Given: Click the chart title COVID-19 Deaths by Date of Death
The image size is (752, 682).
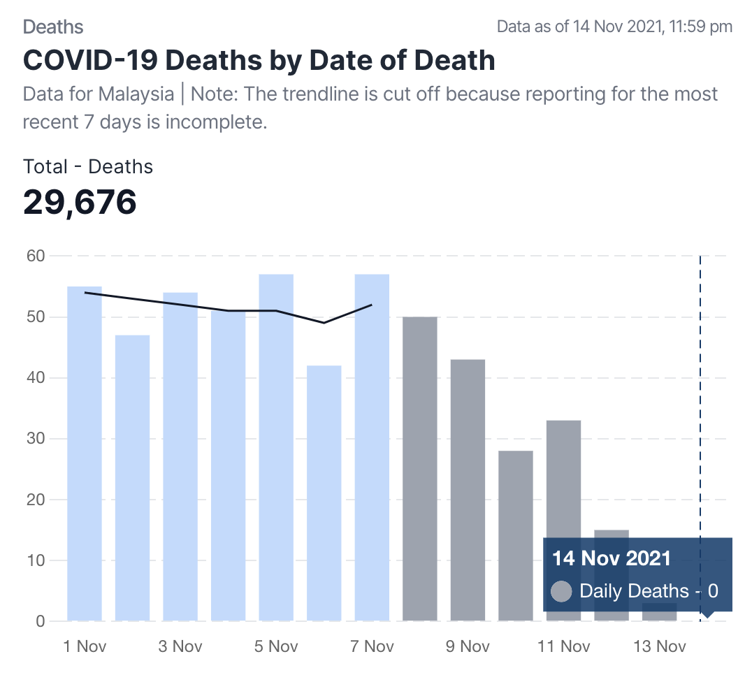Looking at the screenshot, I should [x=259, y=61].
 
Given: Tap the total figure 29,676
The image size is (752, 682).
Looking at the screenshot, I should [x=80, y=202].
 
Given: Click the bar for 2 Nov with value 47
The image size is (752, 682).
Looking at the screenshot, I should [x=133, y=478].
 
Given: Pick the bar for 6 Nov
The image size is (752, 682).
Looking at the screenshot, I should [x=324, y=493].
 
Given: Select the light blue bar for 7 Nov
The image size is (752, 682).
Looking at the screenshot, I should [x=372, y=447].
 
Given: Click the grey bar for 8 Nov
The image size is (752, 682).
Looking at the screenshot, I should [x=420, y=468].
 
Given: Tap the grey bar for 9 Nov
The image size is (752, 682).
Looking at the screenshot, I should [x=468, y=489].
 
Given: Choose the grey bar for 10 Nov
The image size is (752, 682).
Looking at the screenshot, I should [x=516, y=535].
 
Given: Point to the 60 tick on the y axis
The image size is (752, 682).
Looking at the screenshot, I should [x=36, y=256].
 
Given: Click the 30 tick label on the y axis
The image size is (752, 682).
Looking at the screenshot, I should [x=36, y=439].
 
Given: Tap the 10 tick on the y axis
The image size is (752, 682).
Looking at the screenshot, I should [x=36, y=560].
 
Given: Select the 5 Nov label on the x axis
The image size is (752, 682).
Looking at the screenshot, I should [x=276, y=646].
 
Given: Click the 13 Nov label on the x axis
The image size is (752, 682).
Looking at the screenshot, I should [x=659, y=646].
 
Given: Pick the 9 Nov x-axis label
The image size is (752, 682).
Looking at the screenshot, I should [x=468, y=646].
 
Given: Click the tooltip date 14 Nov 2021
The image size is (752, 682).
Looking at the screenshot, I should [x=612, y=558].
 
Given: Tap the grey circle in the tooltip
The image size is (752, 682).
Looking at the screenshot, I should [x=562, y=591].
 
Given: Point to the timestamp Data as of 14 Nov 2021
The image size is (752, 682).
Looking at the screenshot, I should [x=614, y=27].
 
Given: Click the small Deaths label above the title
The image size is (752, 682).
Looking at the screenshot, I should [x=53, y=27].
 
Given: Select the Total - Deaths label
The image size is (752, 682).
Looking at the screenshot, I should [x=88, y=166].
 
